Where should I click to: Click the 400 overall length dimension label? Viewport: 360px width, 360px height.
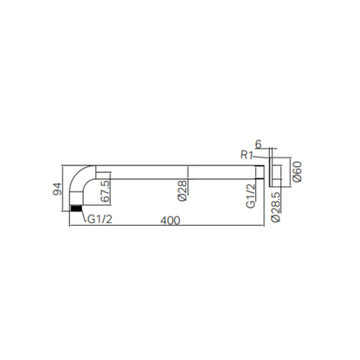170,221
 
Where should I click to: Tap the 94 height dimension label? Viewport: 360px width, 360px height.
57,189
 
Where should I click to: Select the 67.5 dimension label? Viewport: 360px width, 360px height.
106,191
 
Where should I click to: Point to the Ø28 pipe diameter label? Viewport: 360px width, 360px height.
183,190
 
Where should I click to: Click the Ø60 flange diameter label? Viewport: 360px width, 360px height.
297,171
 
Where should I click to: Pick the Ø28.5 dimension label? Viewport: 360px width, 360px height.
276,207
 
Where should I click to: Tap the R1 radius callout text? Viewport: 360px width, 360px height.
247,155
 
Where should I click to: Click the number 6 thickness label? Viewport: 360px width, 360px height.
258,144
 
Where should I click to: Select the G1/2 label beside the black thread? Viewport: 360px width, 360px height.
100,220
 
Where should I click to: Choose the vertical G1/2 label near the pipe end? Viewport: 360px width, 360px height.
251,196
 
